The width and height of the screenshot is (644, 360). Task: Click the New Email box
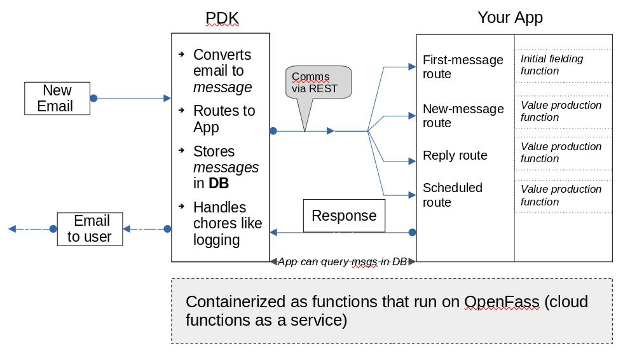coord(57,99)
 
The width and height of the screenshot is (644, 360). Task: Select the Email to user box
coord(90,229)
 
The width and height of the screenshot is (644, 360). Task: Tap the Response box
coord(344,216)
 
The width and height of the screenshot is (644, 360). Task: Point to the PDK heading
coord(222,18)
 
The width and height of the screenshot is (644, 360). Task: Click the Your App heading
coord(510,17)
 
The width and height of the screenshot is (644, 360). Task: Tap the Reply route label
coord(455,156)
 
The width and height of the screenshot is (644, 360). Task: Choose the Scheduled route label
coord(453,195)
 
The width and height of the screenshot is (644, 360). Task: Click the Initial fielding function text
coord(552,65)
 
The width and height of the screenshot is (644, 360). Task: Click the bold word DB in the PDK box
coord(219,184)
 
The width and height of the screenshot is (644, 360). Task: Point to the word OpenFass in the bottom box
coord(502,301)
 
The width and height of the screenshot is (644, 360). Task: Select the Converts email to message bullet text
coord(222,71)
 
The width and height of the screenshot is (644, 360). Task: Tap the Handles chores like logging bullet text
coord(228,223)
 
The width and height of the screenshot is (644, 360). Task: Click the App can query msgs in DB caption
coord(343,261)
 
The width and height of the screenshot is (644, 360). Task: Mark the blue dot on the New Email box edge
coord(93,99)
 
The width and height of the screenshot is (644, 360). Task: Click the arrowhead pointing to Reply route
coord(411,162)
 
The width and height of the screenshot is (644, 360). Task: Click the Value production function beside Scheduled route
coord(561,195)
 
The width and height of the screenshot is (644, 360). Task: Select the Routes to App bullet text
coord(224,119)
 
